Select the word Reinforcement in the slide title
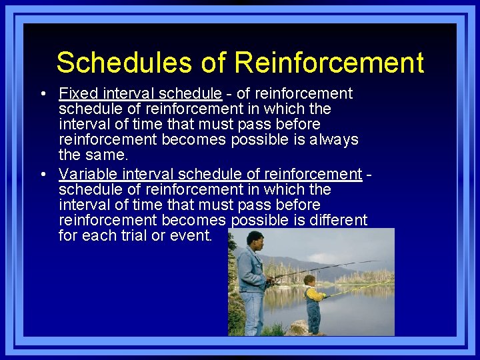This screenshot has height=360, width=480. point(329,63)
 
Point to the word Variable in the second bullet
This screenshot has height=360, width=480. point(87,174)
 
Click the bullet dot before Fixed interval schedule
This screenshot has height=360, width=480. point(43,94)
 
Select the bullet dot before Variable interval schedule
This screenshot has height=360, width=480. point(43,175)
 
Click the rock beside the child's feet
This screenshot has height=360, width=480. point(299,328)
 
